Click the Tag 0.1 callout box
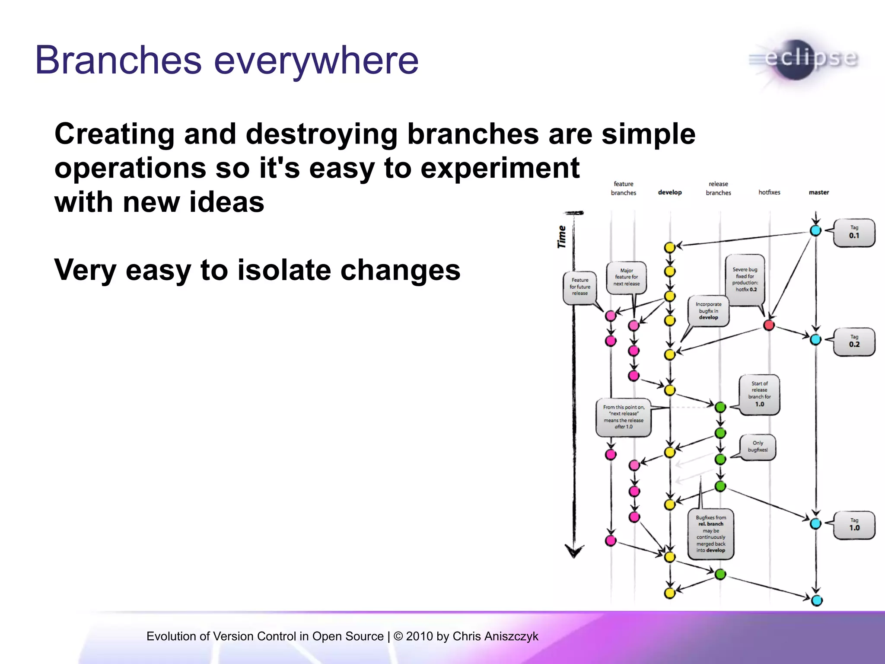(x=854, y=233)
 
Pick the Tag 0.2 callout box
(x=854, y=342)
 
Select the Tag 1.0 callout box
(x=854, y=525)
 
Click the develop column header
(x=669, y=192)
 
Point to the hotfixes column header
(x=769, y=192)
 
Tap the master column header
(x=818, y=192)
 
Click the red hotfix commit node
(x=769, y=325)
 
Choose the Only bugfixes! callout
(x=758, y=447)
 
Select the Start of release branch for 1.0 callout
(x=759, y=394)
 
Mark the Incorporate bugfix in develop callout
(x=708, y=311)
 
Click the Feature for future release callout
(x=580, y=287)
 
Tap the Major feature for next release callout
(x=626, y=278)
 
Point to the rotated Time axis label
(x=562, y=236)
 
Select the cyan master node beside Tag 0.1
(x=815, y=230)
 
